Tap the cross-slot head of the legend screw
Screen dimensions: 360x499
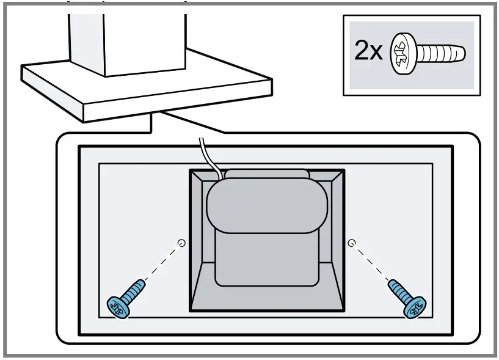click(404, 53)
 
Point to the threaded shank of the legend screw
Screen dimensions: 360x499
click(443, 54)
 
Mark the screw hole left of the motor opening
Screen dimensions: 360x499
click(180, 243)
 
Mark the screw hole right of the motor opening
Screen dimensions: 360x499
click(351, 243)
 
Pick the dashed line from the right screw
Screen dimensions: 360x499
click(371, 263)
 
